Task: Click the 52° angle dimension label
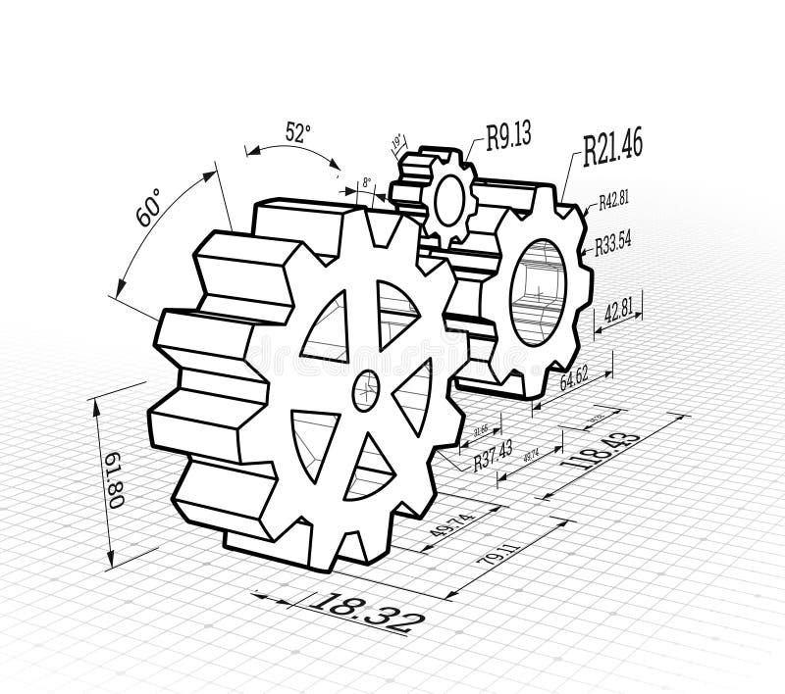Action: (x=298, y=131)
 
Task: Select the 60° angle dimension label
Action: (x=148, y=209)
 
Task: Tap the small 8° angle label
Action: (x=366, y=182)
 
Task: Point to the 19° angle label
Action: (x=397, y=143)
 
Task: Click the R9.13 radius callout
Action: (x=508, y=135)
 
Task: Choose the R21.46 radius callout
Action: (x=612, y=146)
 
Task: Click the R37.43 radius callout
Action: (x=493, y=455)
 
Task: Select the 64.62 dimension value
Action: (x=573, y=376)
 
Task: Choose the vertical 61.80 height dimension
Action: (x=114, y=480)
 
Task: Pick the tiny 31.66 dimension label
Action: (x=481, y=429)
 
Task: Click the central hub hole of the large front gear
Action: (x=365, y=390)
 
